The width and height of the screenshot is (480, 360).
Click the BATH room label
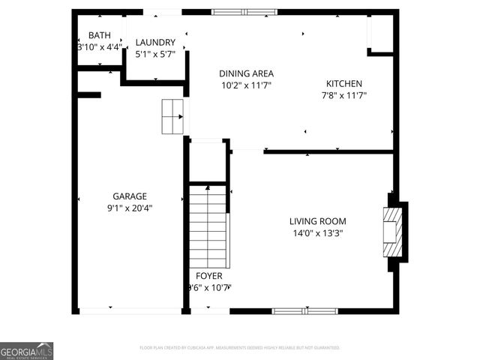coord(100,35)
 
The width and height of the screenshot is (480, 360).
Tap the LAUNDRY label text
coord(155,42)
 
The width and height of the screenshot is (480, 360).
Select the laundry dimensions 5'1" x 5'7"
coord(155,54)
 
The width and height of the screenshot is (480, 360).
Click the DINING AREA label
coord(246,73)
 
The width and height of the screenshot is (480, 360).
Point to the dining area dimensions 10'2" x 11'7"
coord(246,85)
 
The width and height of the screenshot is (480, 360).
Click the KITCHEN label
coord(344,83)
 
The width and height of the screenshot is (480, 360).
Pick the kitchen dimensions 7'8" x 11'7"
coord(344,95)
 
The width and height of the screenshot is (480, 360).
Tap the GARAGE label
coord(130,196)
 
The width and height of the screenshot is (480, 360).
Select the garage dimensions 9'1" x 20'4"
coord(130,208)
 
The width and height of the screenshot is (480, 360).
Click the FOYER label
coord(209,276)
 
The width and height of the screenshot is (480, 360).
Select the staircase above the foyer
coord(208,225)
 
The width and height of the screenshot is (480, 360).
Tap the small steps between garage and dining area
coord(172,116)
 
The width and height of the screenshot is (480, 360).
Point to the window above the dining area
coord(244,12)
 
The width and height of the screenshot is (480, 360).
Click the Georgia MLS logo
coord(27,351)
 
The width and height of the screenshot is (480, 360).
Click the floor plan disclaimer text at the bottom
coord(240,348)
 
